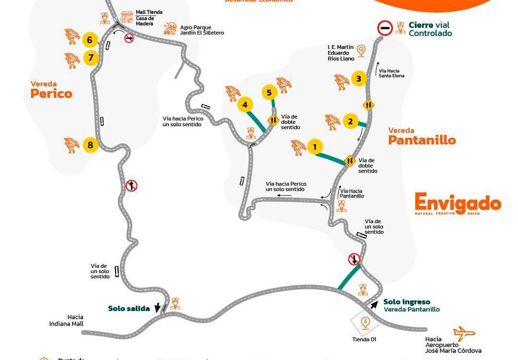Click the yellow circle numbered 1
coord(315,147)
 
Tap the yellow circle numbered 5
coord(269,93)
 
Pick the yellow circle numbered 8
coord(90,144)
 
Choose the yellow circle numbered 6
coord(90,40)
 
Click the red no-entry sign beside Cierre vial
coord(385,28)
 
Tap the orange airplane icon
coord(464,334)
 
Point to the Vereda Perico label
coord(51,90)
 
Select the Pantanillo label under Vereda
coord(422,140)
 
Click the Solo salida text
coord(129,308)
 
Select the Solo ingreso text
coord(407,302)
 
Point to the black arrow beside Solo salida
coord(157,308)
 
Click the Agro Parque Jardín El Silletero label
coord(201,30)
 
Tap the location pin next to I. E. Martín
coord(361,50)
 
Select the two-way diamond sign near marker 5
coord(273,120)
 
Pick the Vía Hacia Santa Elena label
coord(391,73)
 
